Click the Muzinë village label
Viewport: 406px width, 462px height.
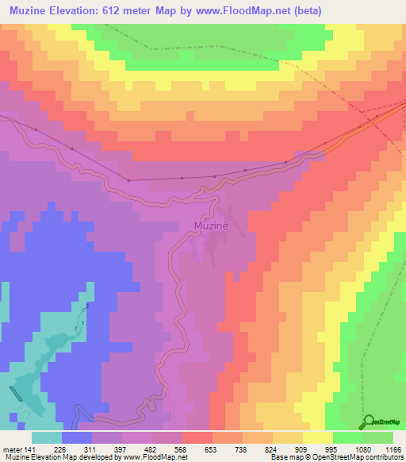click(212, 225)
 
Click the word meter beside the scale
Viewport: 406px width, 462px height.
click(13, 449)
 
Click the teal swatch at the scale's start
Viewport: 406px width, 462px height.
click(46, 437)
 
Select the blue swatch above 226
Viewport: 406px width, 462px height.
click(77, 437)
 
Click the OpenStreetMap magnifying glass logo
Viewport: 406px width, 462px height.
click(370, 422)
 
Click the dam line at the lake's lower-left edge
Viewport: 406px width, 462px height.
click(17, 395)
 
